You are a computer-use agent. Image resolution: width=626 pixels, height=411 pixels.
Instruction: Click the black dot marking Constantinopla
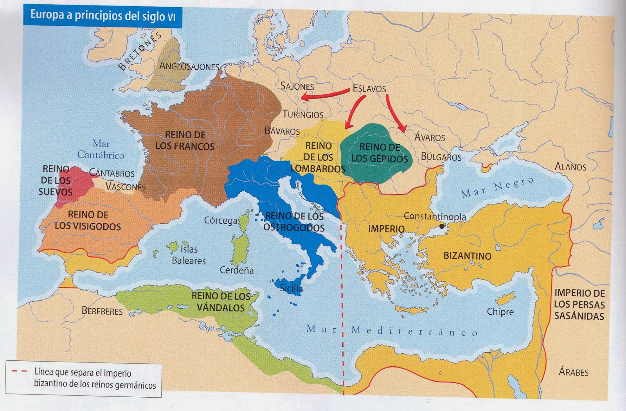coord(442,226)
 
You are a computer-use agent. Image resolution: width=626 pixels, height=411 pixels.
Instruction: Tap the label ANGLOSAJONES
coord(189,66)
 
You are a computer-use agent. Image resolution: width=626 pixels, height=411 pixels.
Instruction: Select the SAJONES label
coord(297,86)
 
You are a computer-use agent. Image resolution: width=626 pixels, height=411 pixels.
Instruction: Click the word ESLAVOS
coord(369,89)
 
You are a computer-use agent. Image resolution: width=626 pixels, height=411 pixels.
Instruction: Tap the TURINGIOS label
coord(303,114)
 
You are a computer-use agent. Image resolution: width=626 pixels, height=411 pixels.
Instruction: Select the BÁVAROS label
coord(282,131)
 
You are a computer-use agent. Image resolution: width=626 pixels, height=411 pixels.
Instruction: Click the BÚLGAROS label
coord(441,157)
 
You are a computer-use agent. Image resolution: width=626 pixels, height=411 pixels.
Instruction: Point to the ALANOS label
coord(570,167)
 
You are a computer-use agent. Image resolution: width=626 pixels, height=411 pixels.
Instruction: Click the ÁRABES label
coord(574,372)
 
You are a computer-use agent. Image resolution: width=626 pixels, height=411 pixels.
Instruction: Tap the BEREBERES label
coord(102,311)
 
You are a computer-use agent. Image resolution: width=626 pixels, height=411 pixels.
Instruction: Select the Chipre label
coord(500,312)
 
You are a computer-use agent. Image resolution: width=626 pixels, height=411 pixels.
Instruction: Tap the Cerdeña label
coord(236,270)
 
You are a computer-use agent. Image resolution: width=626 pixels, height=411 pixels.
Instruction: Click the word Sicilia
coord(291,288)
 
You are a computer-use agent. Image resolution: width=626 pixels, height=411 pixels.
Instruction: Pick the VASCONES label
coord(125,187)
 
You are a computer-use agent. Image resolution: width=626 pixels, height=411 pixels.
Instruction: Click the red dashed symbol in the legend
coord(19,371)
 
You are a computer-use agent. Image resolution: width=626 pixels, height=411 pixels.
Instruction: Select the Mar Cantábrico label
coord(101,149)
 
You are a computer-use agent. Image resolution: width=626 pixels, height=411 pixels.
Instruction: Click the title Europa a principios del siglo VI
coord(103,16)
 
